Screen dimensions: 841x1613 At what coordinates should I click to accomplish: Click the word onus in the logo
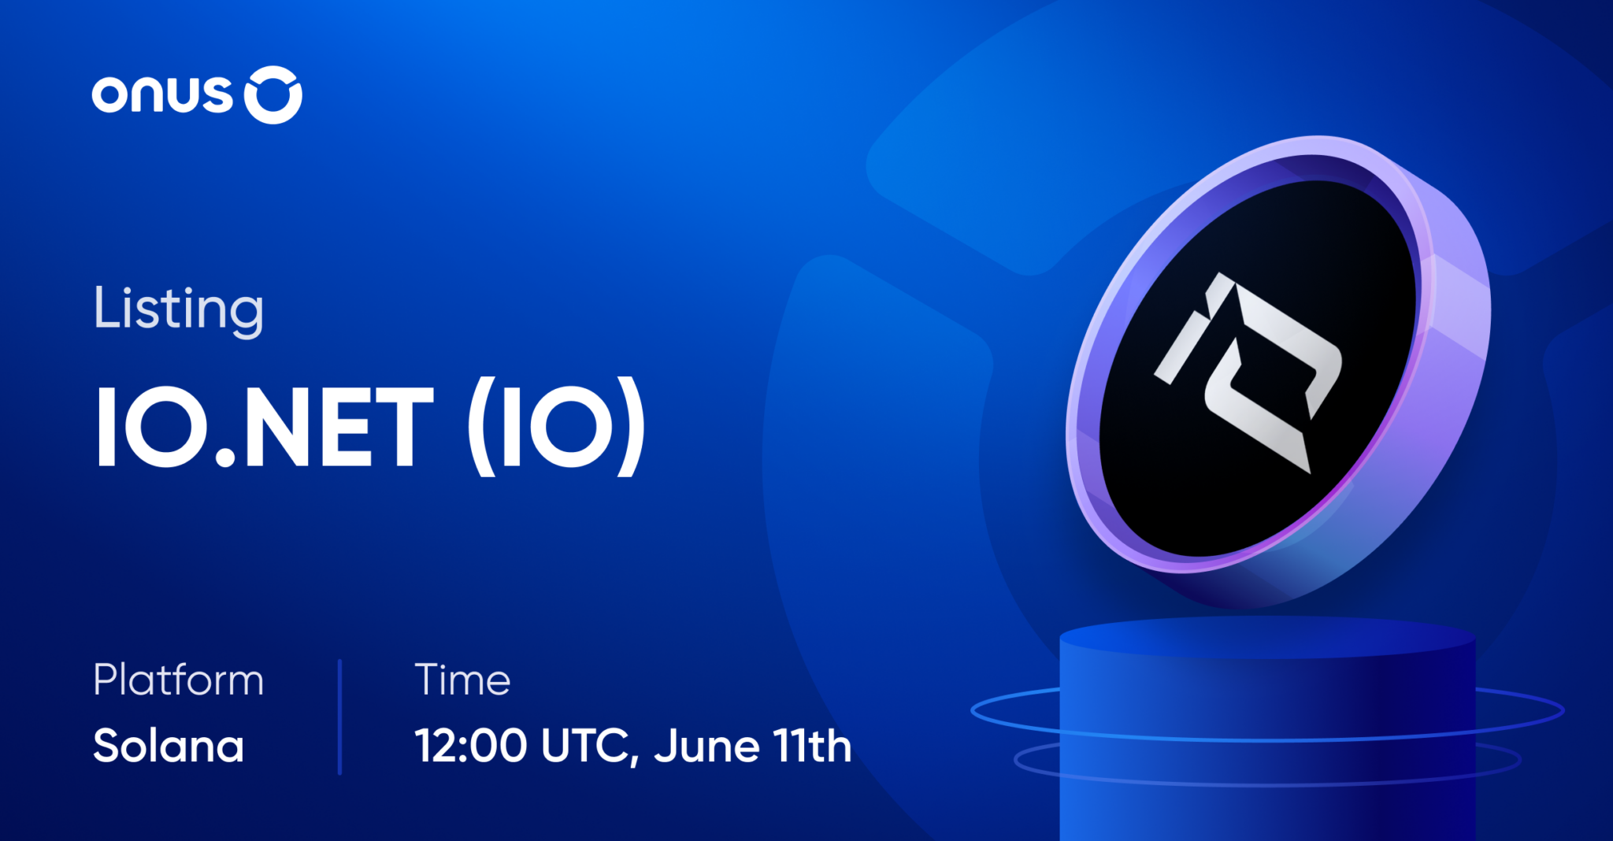[x=161, y=95]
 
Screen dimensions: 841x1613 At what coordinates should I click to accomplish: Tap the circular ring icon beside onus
[x=273, y=95]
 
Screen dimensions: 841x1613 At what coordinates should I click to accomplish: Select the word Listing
[x=178, y=309]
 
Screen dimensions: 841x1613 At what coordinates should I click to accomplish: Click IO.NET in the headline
[x=265, y=428]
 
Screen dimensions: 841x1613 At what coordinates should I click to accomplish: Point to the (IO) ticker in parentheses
[x=557, y=428]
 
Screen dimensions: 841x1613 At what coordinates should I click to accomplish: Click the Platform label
[x=178, y=680]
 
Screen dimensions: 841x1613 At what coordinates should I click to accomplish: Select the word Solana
[x=169, y=746]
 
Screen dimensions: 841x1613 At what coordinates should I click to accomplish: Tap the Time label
[x=462, y=680]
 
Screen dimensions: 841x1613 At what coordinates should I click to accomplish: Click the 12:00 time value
[x=470, y=746]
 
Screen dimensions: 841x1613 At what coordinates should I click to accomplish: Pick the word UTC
[x=584, y=746]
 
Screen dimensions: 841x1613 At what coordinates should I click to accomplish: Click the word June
[x=706, y=746]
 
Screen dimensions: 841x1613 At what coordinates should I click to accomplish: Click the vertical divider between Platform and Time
[x=339, y=717]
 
